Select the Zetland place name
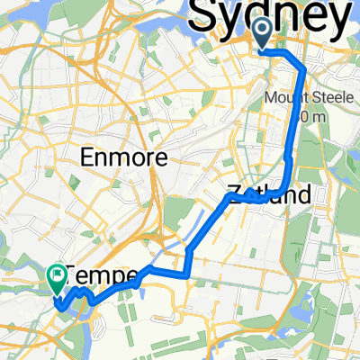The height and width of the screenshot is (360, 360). click(x=270, y=193)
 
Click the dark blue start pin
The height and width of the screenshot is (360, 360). click(x=262, y=34)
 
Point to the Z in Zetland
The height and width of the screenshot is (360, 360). click(x=232, y=193)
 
